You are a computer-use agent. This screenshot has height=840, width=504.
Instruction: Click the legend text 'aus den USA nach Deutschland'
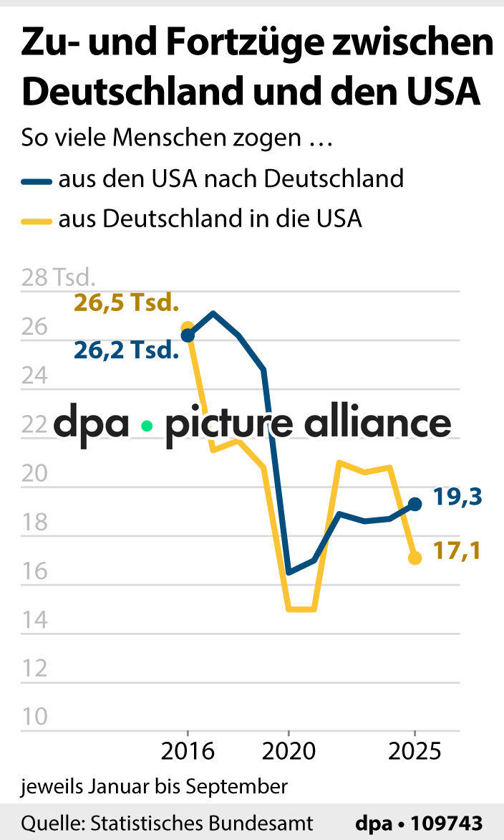pyautogui.click(x=231, y=178)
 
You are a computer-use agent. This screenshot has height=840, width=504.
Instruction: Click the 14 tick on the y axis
pyautogui.click(x=35, y=620)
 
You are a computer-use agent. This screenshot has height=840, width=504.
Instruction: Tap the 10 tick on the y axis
pyautogui.click(x=35, y=717)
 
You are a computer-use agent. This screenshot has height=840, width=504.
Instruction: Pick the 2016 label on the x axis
pyautogui.click(x=188, y=752)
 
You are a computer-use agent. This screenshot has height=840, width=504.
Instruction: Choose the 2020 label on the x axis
pyautogui.click(x=289, y=752)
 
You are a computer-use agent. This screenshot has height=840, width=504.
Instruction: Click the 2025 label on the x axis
pyautogui.click(x=415, y=752)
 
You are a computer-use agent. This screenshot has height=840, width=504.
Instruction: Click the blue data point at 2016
pyautogui.click(x=188, y=335)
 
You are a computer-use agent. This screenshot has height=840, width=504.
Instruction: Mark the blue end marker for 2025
pyautogui.click(x=415, y=504)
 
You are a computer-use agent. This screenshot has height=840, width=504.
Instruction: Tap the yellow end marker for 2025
pyautogui.click(x=415, y=558)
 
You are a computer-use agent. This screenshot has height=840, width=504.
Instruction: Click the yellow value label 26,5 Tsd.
pyautogui.click(x=125, y=303)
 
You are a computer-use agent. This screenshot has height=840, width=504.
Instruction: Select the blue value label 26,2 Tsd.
pyautogui.click(x=125, y=350)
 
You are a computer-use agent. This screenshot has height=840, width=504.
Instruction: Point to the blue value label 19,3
pyautogui.click(x=457, y=496)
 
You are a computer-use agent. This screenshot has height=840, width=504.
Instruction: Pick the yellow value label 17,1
pyautogui.click(x=457, y=551)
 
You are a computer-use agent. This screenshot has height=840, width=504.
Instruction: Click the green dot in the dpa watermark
pyautogui.click(x=147, y=426)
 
